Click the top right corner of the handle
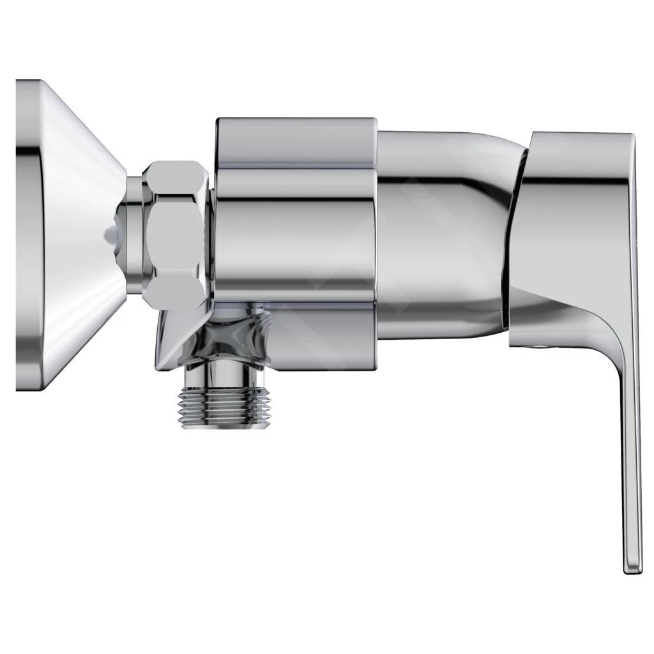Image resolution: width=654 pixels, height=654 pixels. click(630, 137)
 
